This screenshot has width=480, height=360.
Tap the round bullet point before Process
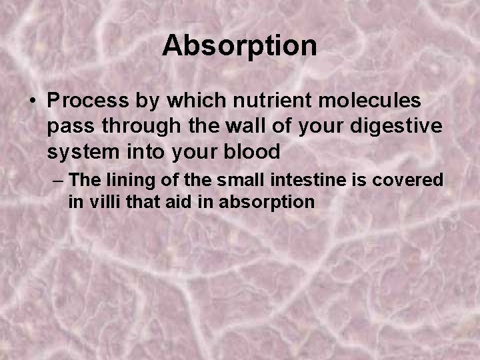click(x=32, y=101)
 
